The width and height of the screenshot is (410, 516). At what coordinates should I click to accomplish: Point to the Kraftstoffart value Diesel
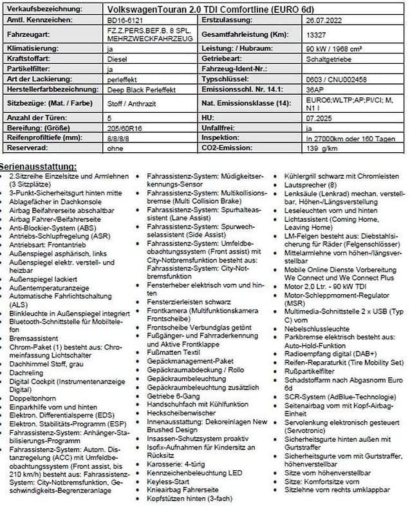pyautogui.click(x=120, y=58)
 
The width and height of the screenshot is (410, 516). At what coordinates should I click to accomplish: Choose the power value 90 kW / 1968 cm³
pyautogui.click(x=335, y=48)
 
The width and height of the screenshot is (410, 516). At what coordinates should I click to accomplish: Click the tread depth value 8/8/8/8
pyautogui.click(x=120, y=138)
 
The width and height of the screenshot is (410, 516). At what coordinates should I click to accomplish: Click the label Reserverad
pyautogui.click(x=26, y=148)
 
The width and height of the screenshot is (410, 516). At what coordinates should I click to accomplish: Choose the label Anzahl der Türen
pyautogui.click(x=35, y=119)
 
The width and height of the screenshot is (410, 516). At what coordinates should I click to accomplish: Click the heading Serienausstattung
pyautogui.click(x=42, y=166)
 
